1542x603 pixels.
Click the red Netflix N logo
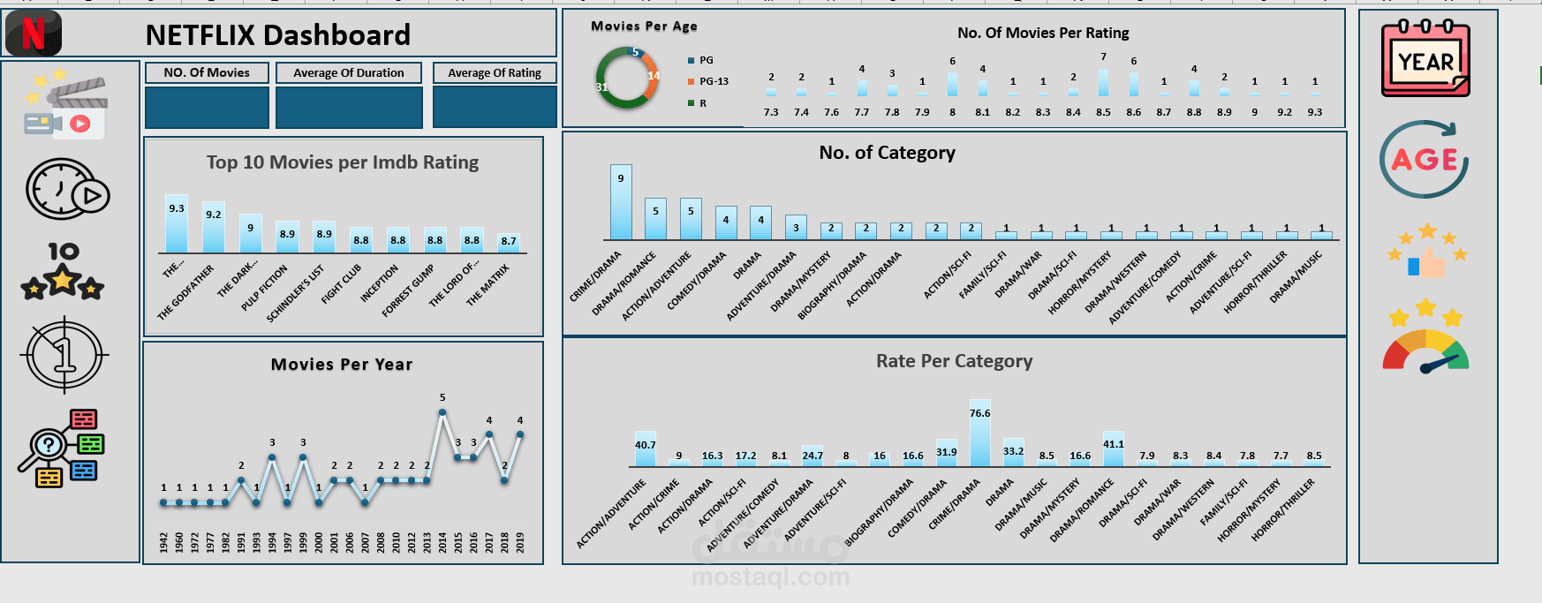[34, 34]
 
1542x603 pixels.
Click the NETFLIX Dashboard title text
[277, 35]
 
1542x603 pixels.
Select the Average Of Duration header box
[348, 73]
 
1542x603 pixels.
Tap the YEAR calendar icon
[1425, 58]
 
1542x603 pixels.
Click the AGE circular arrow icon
[1424, 160]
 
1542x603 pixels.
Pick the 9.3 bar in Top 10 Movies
[177, 225]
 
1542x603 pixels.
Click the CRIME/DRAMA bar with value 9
[621, 203]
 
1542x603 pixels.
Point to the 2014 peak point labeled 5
[442, 412]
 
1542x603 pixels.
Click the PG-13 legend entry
[713, 81]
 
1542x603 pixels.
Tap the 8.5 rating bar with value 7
[1103, 82]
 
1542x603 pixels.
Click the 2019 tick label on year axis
[520, 542]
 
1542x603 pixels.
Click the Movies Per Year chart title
[341, 365]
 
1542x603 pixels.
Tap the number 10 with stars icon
[63, 272]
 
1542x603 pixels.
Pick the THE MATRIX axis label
[488, 285]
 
